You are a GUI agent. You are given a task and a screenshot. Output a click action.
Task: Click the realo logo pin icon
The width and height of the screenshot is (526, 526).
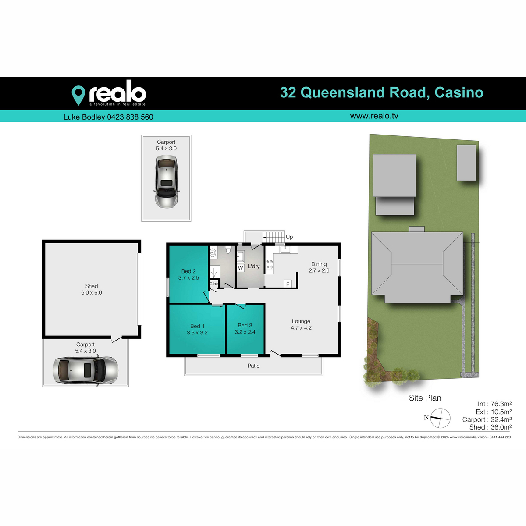tap(78, 94)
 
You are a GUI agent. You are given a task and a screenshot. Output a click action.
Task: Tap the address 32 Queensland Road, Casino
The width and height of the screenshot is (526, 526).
tap(381, 92)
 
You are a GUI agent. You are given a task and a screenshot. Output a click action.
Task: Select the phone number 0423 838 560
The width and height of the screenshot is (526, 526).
tap(130, 117)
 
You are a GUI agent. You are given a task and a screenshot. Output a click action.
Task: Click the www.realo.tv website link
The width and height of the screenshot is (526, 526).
tap(374, 116)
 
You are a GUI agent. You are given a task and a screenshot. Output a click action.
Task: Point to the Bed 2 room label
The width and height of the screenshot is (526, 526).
tap(188, 274)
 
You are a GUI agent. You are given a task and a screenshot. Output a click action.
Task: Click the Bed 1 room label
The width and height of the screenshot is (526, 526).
tap(197, 329)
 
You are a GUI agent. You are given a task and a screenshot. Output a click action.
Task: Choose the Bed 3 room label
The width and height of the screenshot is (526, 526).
tap(245, 328)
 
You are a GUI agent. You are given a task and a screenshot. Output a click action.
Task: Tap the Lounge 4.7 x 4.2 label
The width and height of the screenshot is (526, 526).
tap(301, 324)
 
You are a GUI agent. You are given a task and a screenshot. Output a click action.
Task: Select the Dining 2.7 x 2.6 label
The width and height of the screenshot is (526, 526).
tap(319, 267)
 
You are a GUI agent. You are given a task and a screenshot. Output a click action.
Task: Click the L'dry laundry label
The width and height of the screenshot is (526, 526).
tap(254, 266)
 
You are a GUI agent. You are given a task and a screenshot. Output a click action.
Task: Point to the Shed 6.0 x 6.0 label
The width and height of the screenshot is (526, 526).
tap(92, 289)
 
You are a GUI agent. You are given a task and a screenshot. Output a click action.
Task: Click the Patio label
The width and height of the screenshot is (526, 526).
tap(253, 366)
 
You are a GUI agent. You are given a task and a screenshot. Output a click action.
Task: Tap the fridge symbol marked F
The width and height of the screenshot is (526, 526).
tap(288, 284)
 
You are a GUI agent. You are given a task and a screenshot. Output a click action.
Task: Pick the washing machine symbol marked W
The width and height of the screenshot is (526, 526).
tap(240, 268)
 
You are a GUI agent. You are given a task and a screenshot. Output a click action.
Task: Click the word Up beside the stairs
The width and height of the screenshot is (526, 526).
tap(289, 237)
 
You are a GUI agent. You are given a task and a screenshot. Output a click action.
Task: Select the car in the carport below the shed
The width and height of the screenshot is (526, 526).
tap(85, 370)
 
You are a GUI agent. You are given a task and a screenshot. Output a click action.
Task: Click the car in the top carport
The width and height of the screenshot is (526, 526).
tap(167, 182)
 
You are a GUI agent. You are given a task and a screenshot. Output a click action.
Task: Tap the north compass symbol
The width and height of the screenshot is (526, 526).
tap(440, 418)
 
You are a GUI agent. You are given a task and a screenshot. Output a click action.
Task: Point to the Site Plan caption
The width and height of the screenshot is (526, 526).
tap(425, 398)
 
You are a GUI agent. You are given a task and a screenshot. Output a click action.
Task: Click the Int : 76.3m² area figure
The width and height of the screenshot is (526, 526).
tap(494, 404)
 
